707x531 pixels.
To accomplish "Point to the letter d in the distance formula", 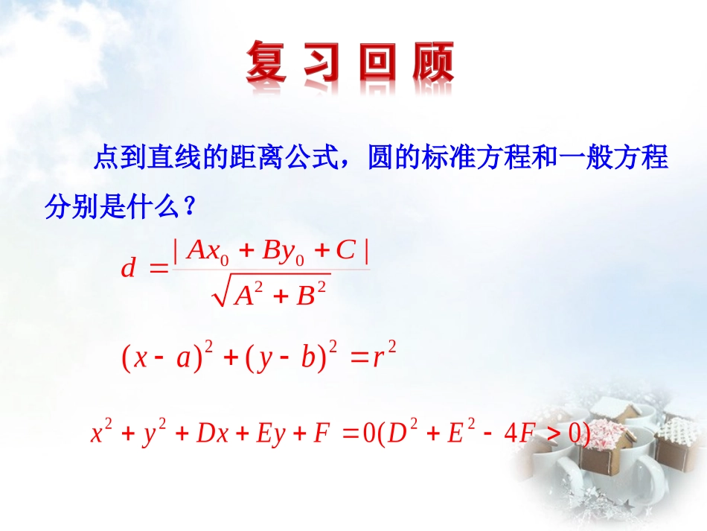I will tap(128, 268).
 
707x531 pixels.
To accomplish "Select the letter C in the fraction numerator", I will tap(345, 251).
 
